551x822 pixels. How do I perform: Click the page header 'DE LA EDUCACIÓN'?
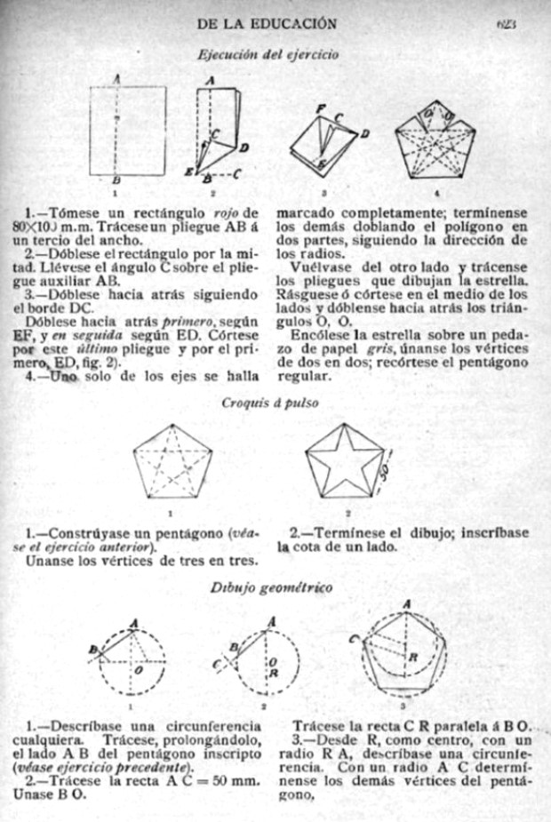point(266,22)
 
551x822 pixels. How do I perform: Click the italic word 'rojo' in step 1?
point(227,213)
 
